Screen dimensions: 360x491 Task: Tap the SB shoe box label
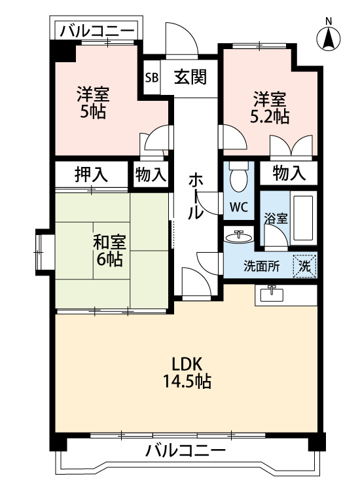coord(152,77)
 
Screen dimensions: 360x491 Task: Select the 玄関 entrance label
coord(190,77)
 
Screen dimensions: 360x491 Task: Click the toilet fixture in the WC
coord(238,176)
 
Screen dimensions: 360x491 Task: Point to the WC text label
coord(238,207)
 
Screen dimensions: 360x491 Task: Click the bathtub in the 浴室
coord(303,218)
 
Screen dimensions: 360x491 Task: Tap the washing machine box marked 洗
coord(304,266)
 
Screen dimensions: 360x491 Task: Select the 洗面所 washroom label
coord(261,266)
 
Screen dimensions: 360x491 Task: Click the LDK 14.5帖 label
coord(187,373)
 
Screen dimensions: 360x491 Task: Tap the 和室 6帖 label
coord(109,251)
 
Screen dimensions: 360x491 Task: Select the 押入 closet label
coord(91,174)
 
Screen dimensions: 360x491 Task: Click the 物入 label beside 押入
coord(151,174)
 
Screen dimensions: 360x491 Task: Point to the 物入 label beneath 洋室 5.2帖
coord(289,173)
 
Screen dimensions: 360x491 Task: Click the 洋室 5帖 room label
coord(93,103)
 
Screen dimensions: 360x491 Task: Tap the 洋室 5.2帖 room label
coord(270,107)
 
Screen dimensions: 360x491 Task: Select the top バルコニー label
coord(97,31)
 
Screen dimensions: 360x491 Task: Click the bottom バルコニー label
coord(186,451)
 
